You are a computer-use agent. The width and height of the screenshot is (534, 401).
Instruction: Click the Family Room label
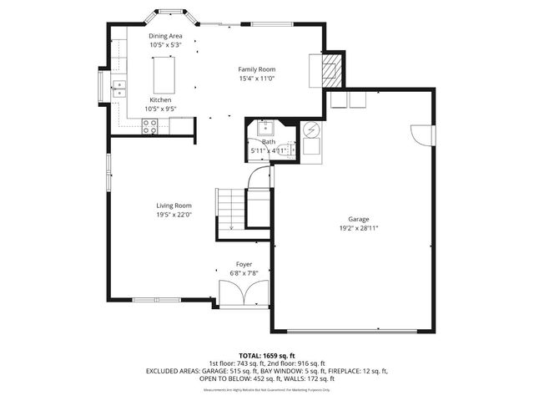256,69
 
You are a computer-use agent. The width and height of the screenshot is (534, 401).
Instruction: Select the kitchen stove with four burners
151,126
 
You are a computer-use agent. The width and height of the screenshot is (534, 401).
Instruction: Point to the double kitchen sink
119,85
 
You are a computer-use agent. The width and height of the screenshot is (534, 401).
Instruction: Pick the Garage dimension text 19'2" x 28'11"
359,227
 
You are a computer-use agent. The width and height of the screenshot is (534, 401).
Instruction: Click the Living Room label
174,206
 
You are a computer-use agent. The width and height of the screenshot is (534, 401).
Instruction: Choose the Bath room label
269,142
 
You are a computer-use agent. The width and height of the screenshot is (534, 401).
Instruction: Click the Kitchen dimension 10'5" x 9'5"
160,108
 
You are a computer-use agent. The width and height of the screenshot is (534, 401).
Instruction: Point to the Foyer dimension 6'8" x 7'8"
243,273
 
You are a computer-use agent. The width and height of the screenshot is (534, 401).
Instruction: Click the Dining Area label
165,37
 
